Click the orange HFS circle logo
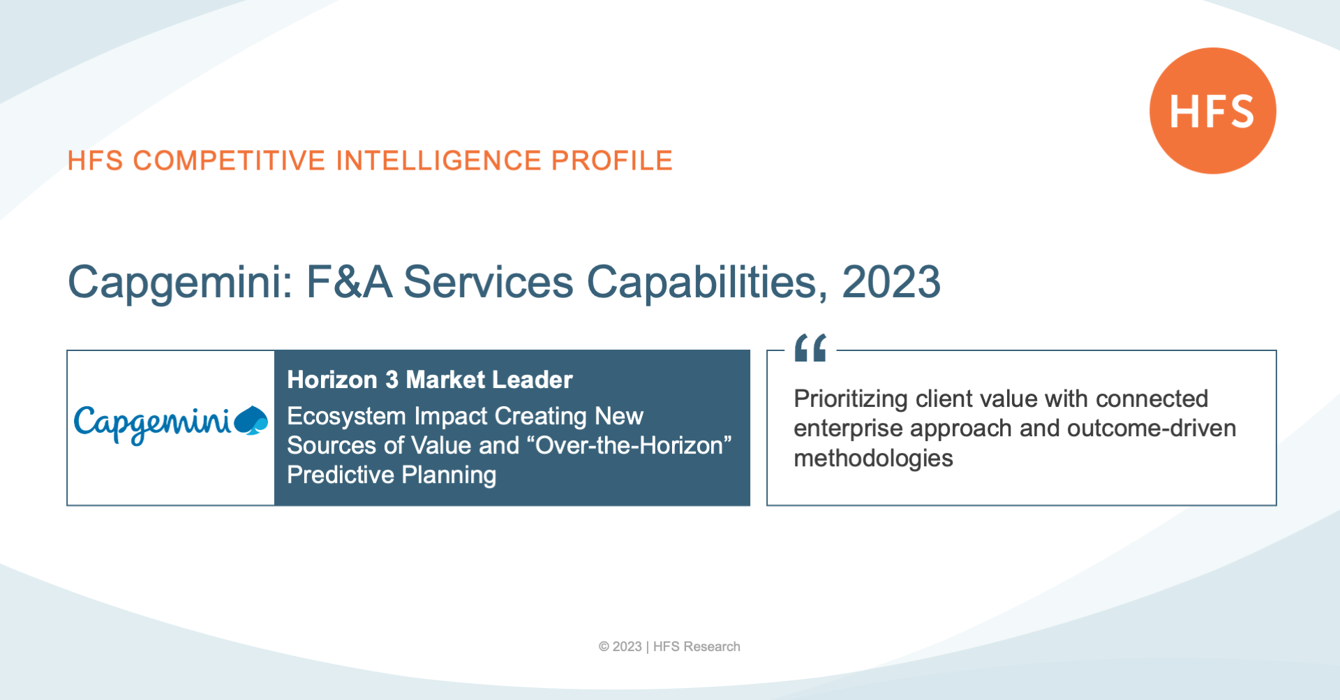pos(1213,111)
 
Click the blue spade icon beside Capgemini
pos(251,421)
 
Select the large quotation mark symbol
pos(810,348)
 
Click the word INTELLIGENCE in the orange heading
pos(438,161)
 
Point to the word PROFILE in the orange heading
pos(612,161)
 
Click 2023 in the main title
pos(891,282)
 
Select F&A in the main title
pos(349,282)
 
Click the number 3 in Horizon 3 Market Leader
pos(392,380)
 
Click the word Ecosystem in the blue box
pos(347,417)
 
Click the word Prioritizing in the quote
pos(851,399)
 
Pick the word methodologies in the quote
pos(873,459)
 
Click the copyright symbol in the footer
pos(604,647)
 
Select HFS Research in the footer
pos(697,647)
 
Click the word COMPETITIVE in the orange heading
pos(230,161)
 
